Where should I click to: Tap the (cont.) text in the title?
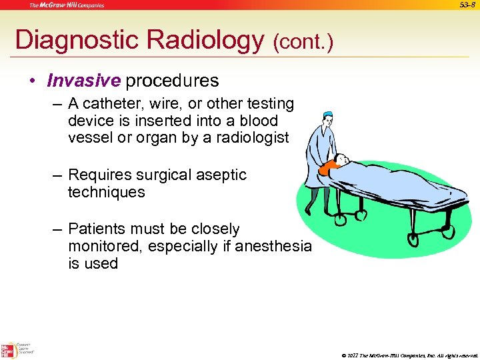[x=303, y=43]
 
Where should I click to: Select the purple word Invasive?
[x=83, y=81]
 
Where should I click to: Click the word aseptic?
[x=221, y=175]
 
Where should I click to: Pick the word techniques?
[x=106, y=193]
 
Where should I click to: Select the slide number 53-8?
[x=469, y=5]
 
